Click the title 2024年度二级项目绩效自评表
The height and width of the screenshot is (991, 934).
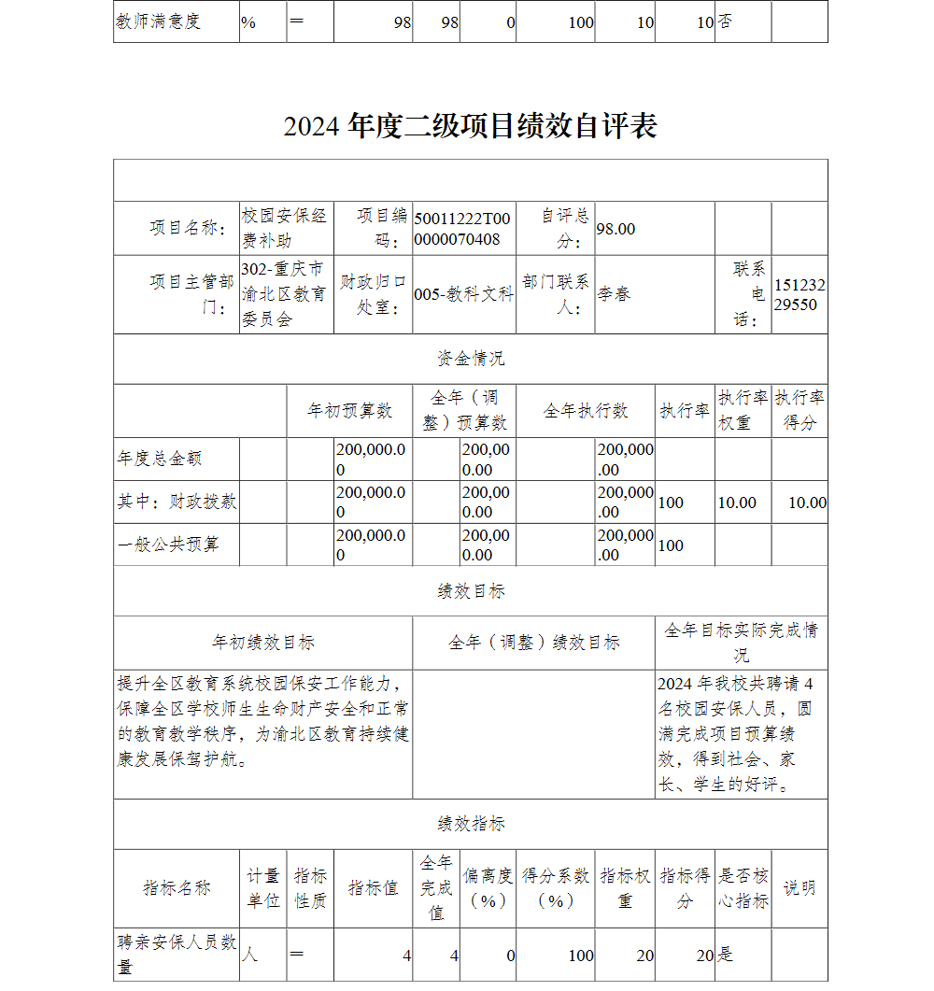470,126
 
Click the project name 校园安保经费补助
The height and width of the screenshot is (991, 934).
284,228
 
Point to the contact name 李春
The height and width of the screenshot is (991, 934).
614,294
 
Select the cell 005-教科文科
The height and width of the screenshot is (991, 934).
463,294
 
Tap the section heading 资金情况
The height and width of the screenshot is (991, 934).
471,359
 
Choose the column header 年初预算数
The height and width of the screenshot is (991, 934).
349,411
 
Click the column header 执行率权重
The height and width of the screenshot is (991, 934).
743,411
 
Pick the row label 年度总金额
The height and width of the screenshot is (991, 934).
160,460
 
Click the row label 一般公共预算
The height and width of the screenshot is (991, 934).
168,545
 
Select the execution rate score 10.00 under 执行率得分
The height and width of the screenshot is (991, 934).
807,503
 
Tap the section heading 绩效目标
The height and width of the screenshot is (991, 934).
471,591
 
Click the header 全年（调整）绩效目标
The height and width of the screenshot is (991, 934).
533,643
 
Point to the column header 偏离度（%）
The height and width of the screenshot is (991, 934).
488,887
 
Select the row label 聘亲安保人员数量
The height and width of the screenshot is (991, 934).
175,954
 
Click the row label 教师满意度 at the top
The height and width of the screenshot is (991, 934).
158,21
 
